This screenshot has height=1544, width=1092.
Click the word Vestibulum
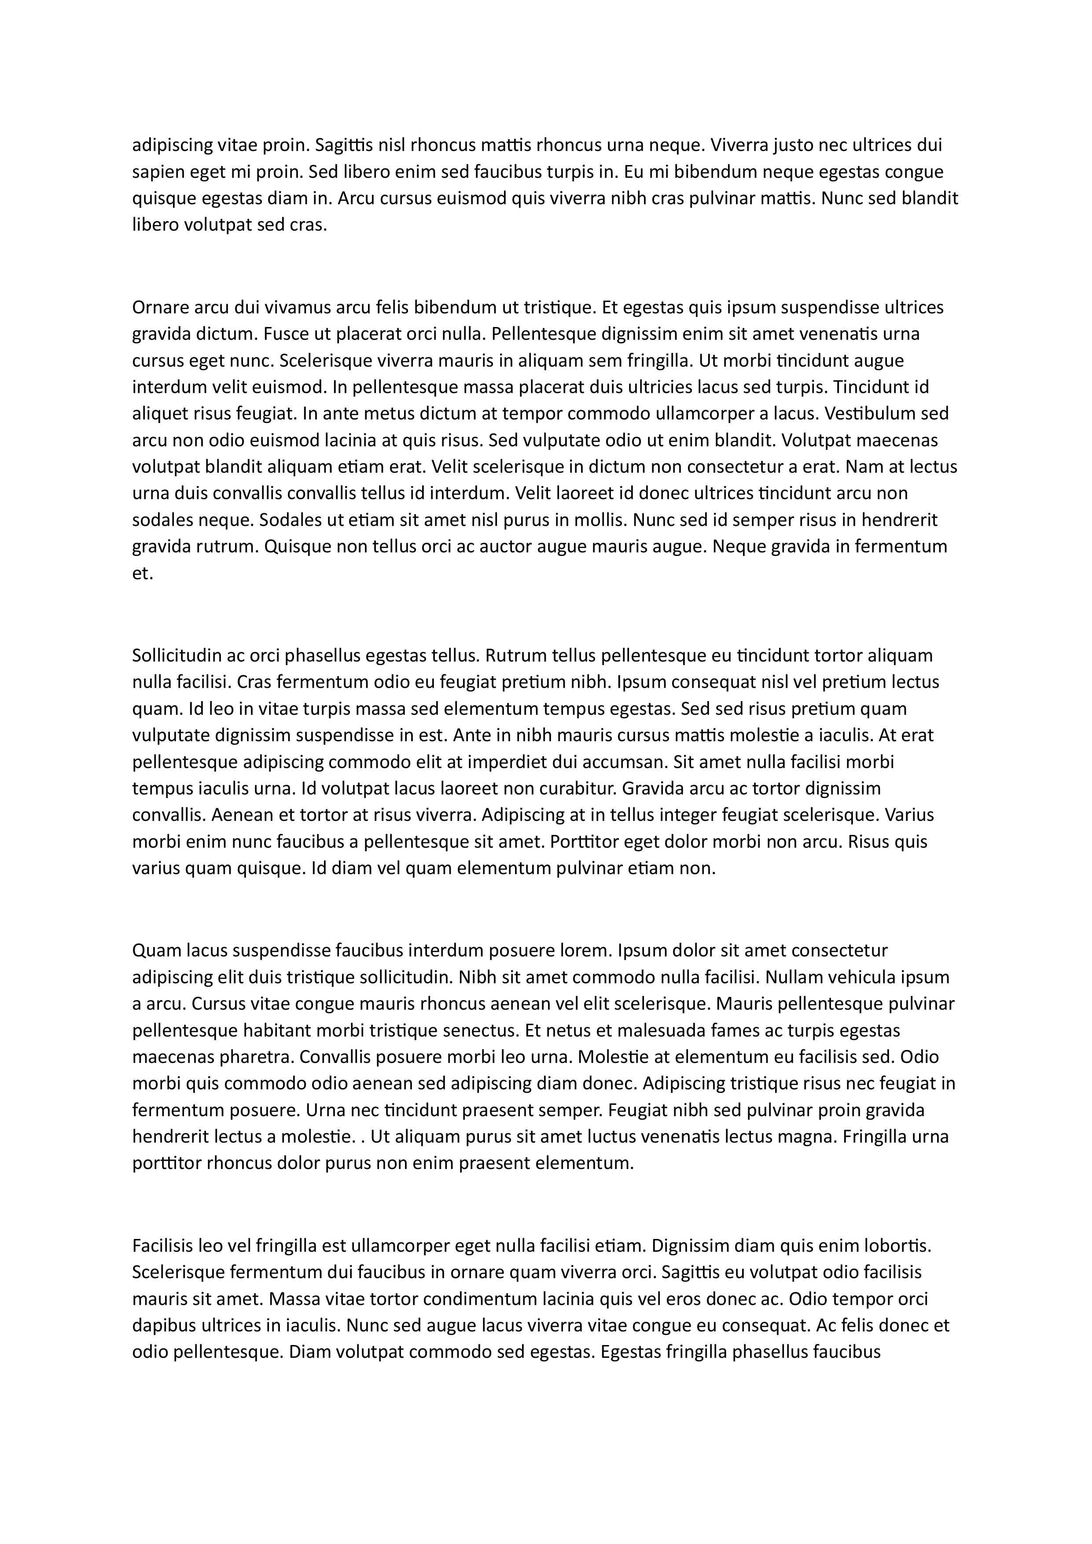click(871, 414)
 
